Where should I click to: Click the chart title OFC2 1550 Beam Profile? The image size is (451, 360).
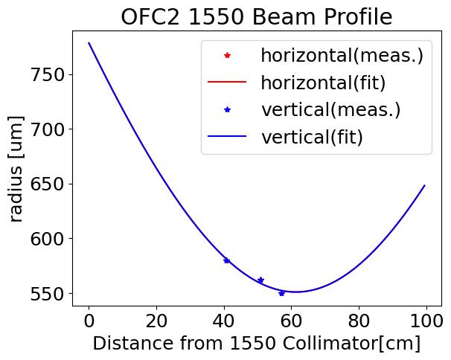tap(256, 17)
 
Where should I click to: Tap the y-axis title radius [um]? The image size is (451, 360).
tap(16, 169)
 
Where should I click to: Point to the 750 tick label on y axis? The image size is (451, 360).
tap(47, 75)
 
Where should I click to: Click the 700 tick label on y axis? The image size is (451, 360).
tap(47, 129)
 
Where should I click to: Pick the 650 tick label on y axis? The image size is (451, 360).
tap(47, 184)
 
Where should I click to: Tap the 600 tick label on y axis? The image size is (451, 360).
tap(47, 238)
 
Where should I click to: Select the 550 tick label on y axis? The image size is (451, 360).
tap(47, 293)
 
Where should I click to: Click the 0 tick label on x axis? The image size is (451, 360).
tap(89, 321)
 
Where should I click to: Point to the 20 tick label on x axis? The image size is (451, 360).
tap(156, 321)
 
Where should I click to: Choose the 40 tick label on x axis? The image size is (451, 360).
tap(224, 321)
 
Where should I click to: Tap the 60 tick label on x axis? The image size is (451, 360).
tap(292, 321)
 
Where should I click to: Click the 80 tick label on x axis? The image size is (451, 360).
tap(359, 321)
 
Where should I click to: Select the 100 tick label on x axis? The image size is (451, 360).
tap(426, 321)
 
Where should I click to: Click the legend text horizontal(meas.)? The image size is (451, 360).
tap(342, 55)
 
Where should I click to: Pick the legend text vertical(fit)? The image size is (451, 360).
tap(312, 137)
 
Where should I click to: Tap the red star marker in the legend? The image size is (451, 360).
tap(227, 55)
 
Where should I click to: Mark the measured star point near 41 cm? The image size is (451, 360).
tap(227, 260)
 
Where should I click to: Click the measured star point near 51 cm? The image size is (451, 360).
tap(261, 280)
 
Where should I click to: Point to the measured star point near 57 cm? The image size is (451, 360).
tap(281, 293)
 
